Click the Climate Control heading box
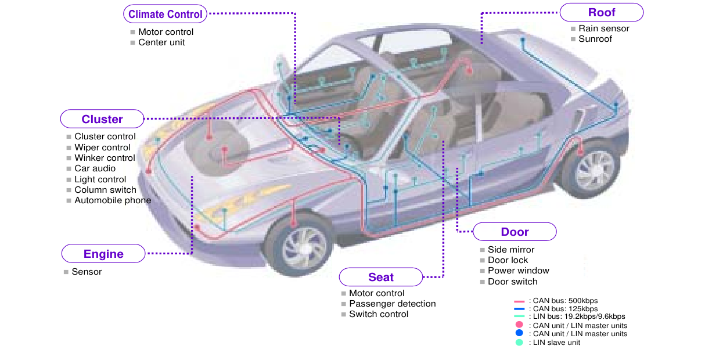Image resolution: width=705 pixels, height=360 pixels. pyautogui.click(x=166, y=15)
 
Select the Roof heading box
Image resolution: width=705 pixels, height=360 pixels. pyautogui.click(x=602, y=12)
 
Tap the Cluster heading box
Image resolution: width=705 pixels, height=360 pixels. pyautogui.click(x=102, y=119)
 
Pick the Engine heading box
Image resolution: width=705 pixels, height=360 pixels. pyautogui.click(x=103, y=254)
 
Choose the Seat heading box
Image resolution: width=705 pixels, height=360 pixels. pyautogui.click(x=381, y=277)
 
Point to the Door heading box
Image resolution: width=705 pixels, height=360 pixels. pyautogui.click(x=515, y=232)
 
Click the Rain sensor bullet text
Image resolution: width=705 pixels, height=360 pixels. pyautogui.click(x=603, y=28)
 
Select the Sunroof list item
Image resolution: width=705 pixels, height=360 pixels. pyautogui.click(x=595, y=39)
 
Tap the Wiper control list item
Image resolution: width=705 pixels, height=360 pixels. pyautogui.click(x=102, y=147)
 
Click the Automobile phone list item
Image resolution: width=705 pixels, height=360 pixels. pyautogui.click(x=113, y=200)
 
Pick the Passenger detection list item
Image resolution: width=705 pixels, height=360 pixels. pyautogui.click(x=392, y=304)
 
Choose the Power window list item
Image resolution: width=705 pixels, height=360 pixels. pyautogui.click(x=518, y=271)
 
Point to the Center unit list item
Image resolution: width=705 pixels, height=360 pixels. pyautogui.click(x=161, y=42)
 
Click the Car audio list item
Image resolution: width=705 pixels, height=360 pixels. pyautogui.click(x=95, y=168)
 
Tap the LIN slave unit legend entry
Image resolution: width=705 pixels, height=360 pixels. pyautogui.click(x=554, y=343)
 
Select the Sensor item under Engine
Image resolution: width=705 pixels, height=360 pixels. pyautogui.click(x=87, y=272)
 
